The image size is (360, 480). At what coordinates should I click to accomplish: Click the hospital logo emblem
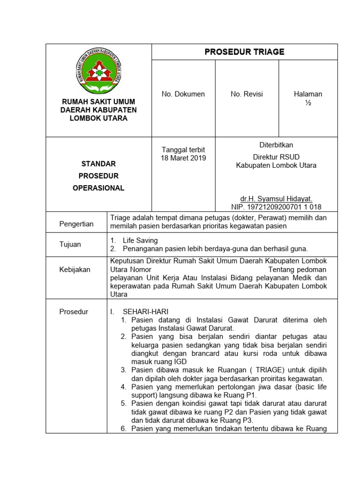click(98, 72)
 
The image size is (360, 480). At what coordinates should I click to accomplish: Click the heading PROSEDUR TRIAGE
click(244, 52)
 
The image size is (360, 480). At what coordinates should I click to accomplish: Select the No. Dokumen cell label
click(183, 94)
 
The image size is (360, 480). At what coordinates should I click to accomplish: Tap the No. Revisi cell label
click(247, 94)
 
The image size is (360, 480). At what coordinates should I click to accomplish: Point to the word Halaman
click(308, 94)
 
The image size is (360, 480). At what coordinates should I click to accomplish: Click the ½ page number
click(308, 103)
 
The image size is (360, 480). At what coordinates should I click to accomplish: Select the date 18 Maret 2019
click(183, 158)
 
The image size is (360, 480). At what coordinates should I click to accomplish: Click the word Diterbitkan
click(276, 145)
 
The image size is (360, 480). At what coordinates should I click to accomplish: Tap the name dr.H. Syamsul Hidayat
click(276, 199)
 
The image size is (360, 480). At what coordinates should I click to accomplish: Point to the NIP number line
click(276, 207)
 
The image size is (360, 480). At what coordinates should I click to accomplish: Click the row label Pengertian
click(76, 224)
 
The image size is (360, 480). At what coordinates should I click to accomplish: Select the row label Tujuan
click(70, 244)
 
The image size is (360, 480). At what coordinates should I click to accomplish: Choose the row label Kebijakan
click(75, 270)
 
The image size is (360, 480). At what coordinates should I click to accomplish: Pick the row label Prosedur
click(74, 312)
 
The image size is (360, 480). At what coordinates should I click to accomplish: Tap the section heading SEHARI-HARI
click(145, 312)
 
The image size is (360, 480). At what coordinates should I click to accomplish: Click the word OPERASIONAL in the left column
click(98, 188)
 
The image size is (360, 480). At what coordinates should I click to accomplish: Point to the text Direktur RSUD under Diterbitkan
click(276, 157)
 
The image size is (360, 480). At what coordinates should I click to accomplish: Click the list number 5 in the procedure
click(123, 404)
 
